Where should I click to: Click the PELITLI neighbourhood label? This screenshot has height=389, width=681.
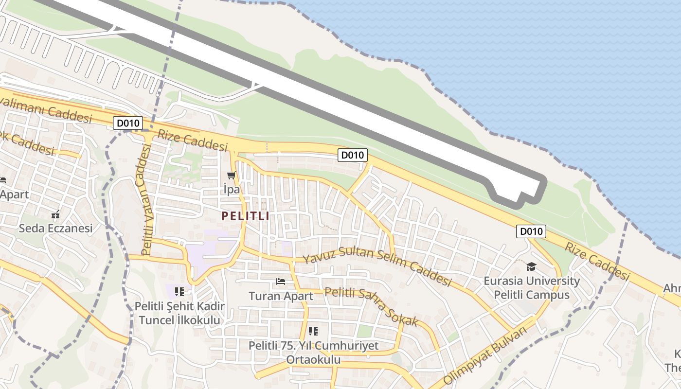(x=245, y=216)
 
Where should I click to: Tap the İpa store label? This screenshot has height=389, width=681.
(x=232, y=190)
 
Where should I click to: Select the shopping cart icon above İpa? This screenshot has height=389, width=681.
(x=231, y=176)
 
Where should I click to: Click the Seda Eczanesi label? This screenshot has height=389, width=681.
(x=55, y=228)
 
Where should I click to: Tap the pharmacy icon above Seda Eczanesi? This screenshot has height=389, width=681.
(x=55, y=214)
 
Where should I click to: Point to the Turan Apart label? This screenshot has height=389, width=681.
(x=281, y=296)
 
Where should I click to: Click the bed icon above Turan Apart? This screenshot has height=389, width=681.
(x=281, y=281)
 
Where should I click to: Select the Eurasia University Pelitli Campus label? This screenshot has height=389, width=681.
(x=532, y=288)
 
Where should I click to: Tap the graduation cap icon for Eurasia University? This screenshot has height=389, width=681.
(x=531, y=266)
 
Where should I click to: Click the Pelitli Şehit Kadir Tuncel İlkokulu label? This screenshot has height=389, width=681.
(x=179, y=313)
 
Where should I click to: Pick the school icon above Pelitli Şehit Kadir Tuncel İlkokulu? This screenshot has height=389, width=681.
(x=179, y=292)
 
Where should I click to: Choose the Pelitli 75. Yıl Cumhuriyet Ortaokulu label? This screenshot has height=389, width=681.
(x=313, y=353)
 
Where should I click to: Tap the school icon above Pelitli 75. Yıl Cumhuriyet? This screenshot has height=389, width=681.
(x=313, y=331)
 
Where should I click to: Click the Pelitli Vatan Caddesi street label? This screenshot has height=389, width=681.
(x=146, y=199)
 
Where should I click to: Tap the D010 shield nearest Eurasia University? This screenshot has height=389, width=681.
(x=531, y=231)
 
